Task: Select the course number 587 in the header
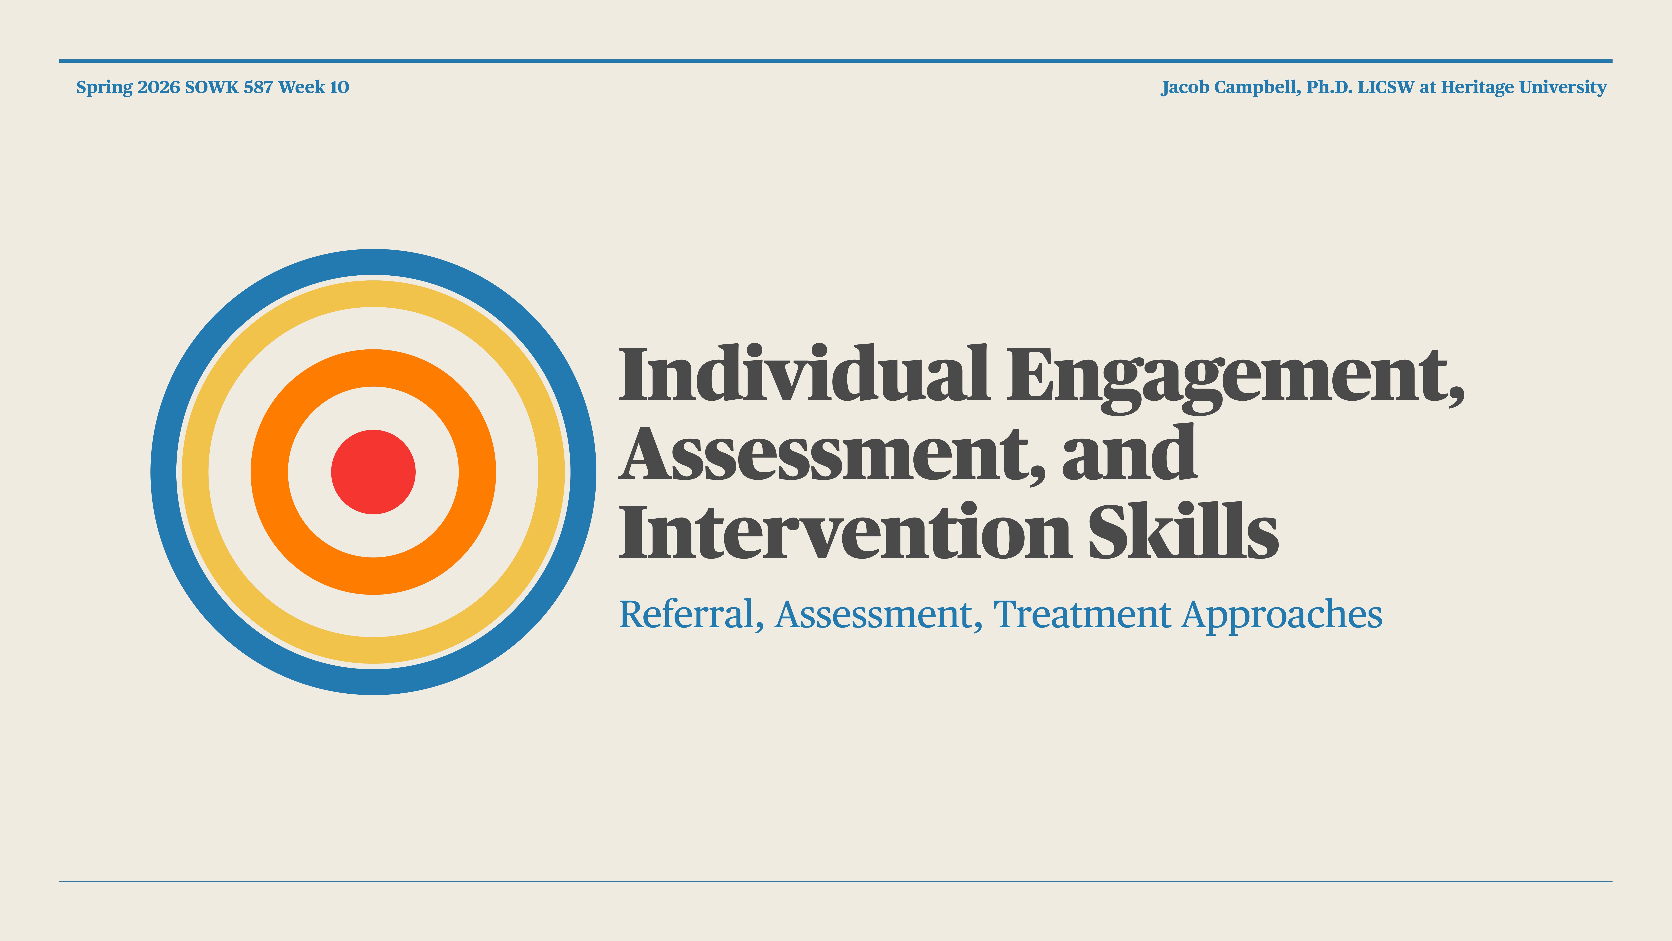(x=258, y=87)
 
